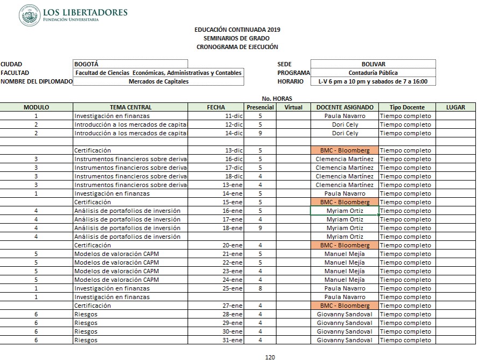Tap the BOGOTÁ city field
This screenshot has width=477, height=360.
coord(130,64)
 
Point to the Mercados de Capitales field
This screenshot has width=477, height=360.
coord(158,81)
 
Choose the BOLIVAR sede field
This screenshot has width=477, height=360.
coord(373,64)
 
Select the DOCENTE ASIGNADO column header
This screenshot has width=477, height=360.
coord(345,107)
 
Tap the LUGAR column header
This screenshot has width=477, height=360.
coord(455,107)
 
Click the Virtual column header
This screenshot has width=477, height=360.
coord(293,107)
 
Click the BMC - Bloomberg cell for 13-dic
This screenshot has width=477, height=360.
coord(345,150)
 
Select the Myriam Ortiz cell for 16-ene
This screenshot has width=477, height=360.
coord(345,211)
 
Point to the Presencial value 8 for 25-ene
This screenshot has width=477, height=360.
coord(260,288)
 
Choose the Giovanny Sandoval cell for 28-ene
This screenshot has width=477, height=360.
coord(345,314)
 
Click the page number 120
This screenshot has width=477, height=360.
coord(270,356)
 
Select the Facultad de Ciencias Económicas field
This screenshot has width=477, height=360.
coord(158,73)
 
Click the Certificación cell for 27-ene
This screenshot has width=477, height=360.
coord(92,306)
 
